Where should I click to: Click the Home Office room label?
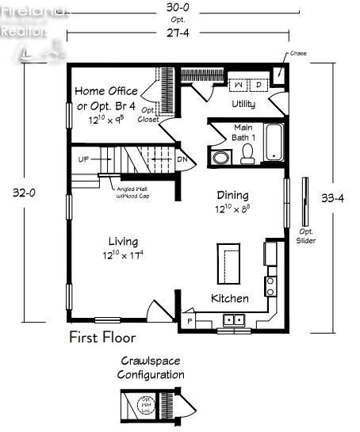(105, 91)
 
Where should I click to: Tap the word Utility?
(243, 104)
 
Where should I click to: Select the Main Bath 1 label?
(243, 132)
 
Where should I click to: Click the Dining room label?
(232, 195)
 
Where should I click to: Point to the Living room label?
(122, 241)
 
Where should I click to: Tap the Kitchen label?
(229, 299)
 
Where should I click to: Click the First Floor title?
(101, 338)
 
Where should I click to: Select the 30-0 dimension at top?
(178, 7)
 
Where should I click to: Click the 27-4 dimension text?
(178, 33)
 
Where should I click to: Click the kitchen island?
(230, 262)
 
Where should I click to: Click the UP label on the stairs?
(83, 159)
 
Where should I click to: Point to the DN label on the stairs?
(182, 159)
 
